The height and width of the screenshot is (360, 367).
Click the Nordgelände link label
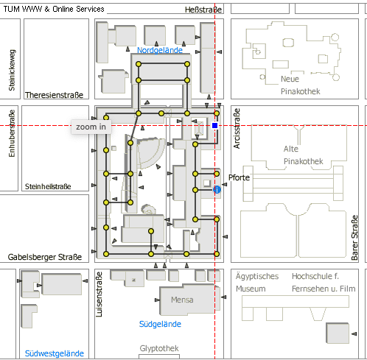[x=160, y=50]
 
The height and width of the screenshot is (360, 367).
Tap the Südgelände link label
[x=160, y=324]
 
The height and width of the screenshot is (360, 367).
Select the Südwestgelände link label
[x=55, y=353]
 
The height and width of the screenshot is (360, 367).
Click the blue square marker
[x=215, y=126]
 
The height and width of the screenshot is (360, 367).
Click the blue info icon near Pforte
[x=217, y=189]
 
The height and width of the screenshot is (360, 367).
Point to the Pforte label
[x=239, y=177]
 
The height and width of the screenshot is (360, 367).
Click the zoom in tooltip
[x=91, y=127]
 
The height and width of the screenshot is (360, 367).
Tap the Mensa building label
[x=182, y=300]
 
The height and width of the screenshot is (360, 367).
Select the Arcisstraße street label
[x=237, y=129]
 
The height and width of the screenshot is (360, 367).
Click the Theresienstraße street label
[x=55, y=95]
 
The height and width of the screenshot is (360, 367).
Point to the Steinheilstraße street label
[x=48, y=186]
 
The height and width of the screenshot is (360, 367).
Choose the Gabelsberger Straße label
[x=45, y=257]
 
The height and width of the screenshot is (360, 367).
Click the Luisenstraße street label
[x=99, y=294]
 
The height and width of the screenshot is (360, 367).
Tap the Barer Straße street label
[x=354, y=238]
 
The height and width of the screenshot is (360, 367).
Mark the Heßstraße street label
[x=203, y=10]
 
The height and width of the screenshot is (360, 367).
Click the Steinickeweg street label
[x=12, y=70]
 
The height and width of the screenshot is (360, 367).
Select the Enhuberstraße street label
[x=12, y=133]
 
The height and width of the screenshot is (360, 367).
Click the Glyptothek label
[x=159, y=348]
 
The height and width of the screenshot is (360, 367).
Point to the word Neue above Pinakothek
[x=290, y=79]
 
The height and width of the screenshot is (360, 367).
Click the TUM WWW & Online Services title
[x=54, y=9]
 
